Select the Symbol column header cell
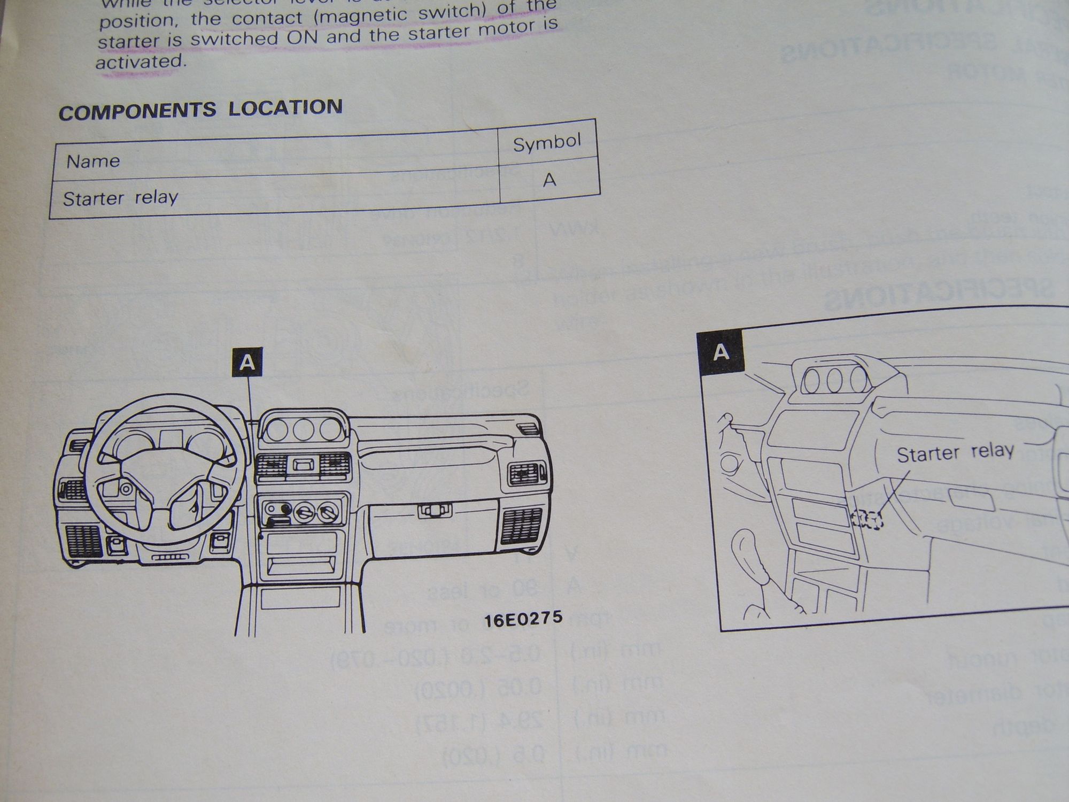[546, 143]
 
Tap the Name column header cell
[93, 161]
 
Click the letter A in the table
[549, 180]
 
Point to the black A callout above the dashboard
[247, 363]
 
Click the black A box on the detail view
[721, 352]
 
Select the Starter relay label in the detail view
[955, 453]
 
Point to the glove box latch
[434, 511]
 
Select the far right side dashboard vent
[526, 473]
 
